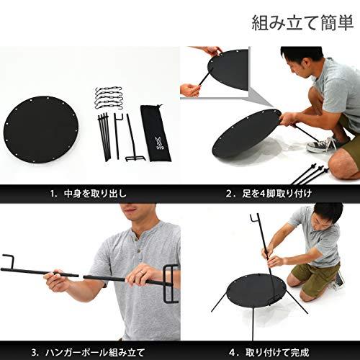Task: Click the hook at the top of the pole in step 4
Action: click(255, 220)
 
